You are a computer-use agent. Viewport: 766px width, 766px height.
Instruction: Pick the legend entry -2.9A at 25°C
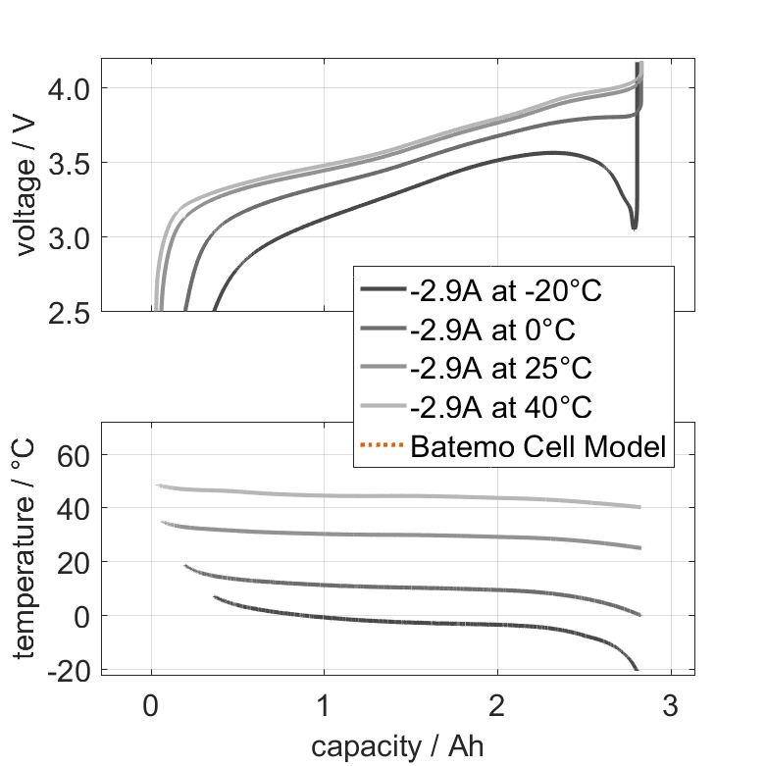coord(496,369)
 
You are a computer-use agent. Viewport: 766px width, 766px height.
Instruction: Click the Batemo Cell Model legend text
coord(538,447)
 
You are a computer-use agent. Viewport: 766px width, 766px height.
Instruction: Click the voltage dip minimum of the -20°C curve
coord(634,228)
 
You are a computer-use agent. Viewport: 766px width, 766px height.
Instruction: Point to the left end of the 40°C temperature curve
coord(157,485)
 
